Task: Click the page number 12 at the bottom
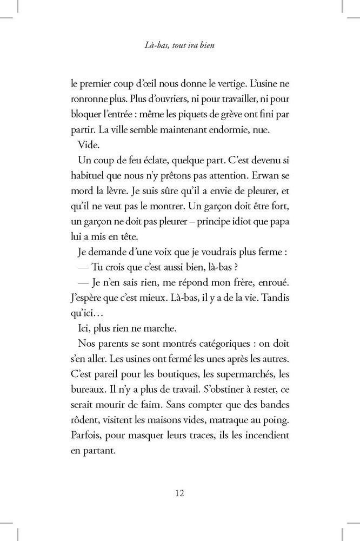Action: coord(180,493)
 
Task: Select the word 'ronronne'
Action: coord(89,100)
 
